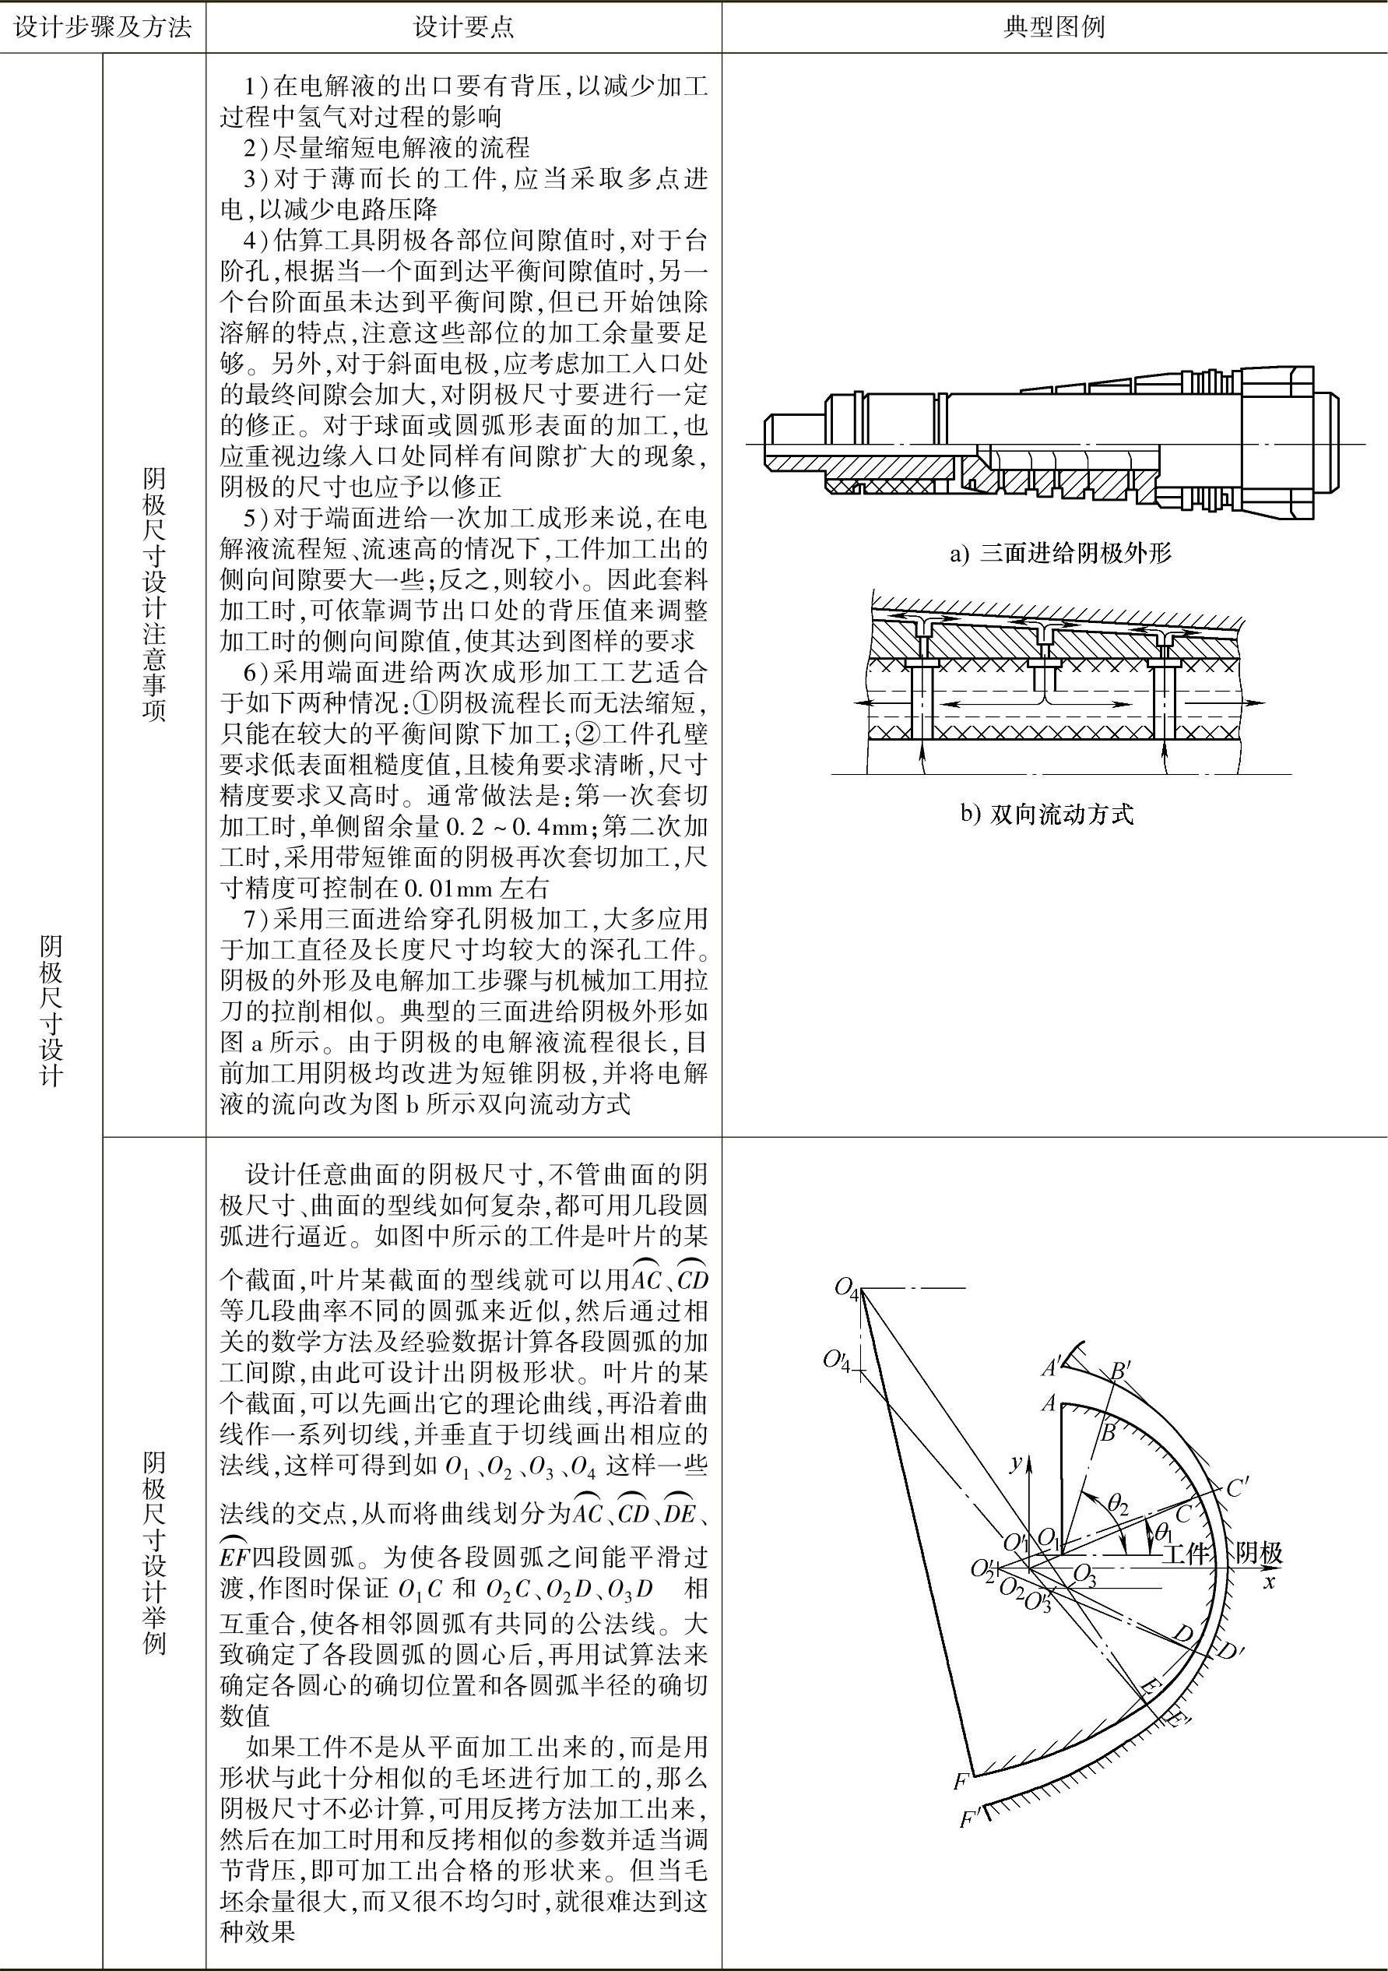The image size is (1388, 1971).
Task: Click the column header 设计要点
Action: [x=463, y=27]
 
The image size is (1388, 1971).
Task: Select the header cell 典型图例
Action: [x=1054, y=27]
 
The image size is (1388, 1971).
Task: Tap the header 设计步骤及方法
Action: [x=103, y=27]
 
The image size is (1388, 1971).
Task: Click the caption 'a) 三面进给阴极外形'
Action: [x=1060, y=554]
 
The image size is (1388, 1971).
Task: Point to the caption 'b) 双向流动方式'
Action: [x=1046, y=814]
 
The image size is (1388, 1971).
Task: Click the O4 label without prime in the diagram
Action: [x=846, y=1290]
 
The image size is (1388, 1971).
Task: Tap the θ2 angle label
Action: [x=1117, y=1502]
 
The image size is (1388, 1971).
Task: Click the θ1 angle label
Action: [x=1164, y=1532]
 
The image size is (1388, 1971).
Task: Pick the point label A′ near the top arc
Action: [x=1052, y=1366]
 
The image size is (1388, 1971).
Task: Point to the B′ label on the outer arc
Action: [x=1122, y=1371]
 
